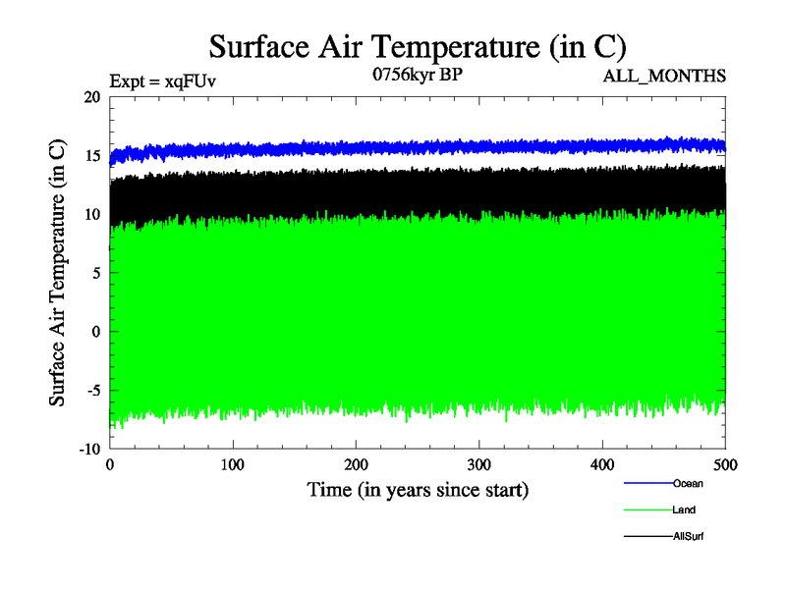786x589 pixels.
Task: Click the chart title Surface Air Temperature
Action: (x=418, y=45)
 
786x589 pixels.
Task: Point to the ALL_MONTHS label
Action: (x=671, y=75)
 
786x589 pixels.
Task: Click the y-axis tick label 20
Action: (x=92, y=97)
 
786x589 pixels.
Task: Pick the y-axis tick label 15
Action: (x=92, y=156)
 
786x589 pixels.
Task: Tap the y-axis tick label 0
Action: (x=96, y=331)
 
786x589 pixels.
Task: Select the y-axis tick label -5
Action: (x=92, y=390)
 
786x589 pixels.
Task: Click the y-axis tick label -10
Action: (x=89, y=448)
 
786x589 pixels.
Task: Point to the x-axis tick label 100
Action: (x=233, y=463)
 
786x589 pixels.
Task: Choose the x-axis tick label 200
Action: (x=357, y=463)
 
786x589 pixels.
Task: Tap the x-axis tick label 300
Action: (x=479, y=463)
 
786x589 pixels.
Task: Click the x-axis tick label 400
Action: (x=602, y=463)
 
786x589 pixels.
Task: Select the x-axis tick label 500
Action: (x=725, y=463)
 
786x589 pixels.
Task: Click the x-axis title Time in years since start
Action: (x=418, y=489)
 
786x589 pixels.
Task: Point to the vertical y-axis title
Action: (x=58, y=273)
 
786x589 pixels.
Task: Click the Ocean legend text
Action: (x=688, y=483)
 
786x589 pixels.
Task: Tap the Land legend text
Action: (x=684, y=509)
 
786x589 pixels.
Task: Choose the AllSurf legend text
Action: (x=689, y=536)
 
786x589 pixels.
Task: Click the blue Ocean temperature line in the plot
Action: (x=393, y=148)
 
